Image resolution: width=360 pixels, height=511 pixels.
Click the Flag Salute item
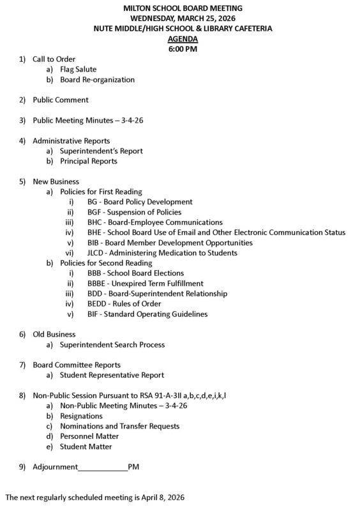78,69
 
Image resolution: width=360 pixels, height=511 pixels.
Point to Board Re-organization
97,79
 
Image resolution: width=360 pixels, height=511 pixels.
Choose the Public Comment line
61,100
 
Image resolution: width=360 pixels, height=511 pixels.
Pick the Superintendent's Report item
101,151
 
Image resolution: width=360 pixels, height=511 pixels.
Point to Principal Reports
88,161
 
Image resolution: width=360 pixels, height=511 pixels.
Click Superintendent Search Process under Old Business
112,344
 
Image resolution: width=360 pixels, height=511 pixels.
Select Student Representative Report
112,375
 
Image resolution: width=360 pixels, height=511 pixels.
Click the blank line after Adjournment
103,467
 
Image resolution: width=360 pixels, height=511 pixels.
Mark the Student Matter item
85,446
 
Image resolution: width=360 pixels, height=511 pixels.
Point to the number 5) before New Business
22,181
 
